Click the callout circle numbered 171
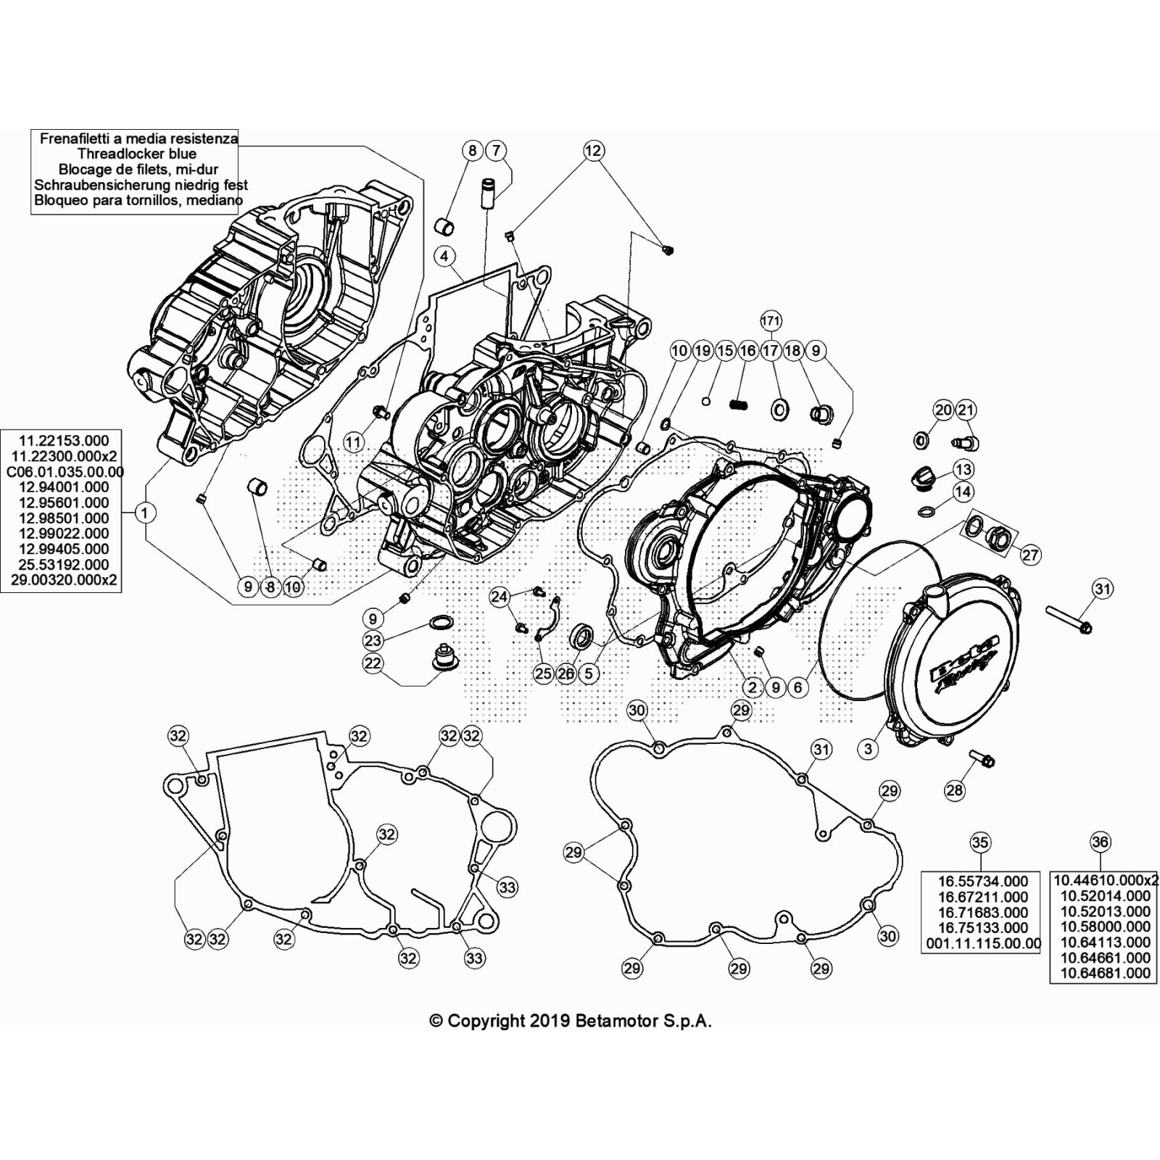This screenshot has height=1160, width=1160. tap(771, 320)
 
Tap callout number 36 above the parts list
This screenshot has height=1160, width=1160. tap(1100, 842)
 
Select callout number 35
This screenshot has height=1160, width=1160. tap(979, 842)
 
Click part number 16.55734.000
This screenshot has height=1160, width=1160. tap(982, 882)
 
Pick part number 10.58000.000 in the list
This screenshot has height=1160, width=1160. tap(1105, 927)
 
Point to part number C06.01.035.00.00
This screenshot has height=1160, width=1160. tap(65, 472)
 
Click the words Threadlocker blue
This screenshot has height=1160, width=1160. tap(136, 154)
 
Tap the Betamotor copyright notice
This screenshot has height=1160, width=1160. tap(571, 1021)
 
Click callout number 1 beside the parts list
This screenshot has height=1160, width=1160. tap(145, 513)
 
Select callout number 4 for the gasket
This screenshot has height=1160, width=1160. tap(444, 256)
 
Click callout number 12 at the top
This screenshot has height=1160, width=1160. tap(593, 150)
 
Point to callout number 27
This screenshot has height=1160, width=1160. tap(1030, 555)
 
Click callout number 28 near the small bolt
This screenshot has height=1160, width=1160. tap(954, 790)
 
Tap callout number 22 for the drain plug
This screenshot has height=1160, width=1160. tap(373, 663)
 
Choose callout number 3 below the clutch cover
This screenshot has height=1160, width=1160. tap(869, 749)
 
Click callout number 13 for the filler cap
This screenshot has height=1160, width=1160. tap(963, 469)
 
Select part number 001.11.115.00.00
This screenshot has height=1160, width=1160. tap(983, 944)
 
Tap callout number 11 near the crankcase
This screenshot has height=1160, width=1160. tap(353, 442)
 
